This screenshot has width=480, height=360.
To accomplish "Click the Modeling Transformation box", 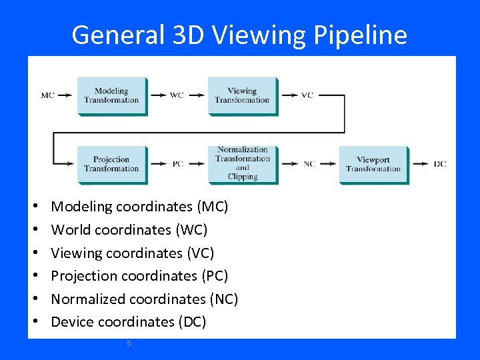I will [111, 96].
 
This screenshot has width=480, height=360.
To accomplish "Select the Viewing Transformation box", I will [242, 96].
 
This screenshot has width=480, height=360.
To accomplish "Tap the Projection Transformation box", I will [111, 164].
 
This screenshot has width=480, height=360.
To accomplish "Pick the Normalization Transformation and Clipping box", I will [242, 164].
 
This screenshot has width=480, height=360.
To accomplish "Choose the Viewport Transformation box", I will [373, 164].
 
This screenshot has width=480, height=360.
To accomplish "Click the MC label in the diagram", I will [47, 95].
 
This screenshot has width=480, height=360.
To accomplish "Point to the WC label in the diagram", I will [177, 95].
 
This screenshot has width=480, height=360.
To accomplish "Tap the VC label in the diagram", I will [307, 95].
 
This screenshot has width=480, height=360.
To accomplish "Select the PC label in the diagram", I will [178, 164].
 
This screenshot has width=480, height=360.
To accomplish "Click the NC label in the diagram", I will [309, 164].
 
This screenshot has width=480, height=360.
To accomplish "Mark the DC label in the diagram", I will [440, 164].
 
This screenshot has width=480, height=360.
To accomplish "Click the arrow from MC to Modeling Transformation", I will [65, 95].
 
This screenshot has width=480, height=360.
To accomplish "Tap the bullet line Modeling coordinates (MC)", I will [139, 207].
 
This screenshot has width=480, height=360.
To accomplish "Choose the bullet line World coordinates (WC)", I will [129, 230].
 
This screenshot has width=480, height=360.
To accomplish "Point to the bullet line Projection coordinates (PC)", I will [139, 276].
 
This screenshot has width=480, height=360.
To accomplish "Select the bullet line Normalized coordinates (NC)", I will [144, 299].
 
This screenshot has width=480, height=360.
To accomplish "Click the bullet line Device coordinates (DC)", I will [129, 322].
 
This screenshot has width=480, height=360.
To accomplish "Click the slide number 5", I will [129, 343].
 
